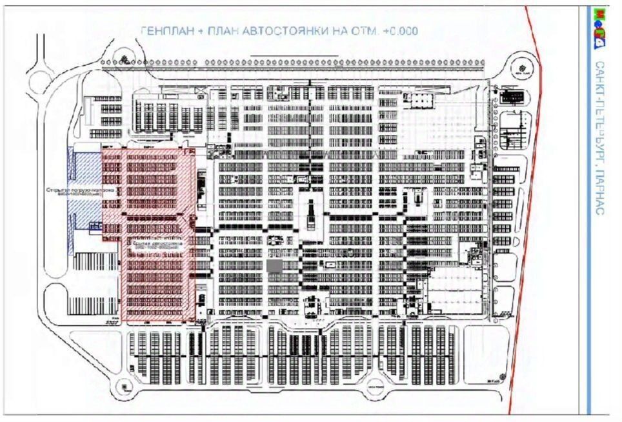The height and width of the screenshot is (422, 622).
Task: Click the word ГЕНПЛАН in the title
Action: pyautogui.click(x=165, y=30)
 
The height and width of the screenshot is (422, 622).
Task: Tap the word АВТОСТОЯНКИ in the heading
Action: pyautogui.click(x=279, y=30)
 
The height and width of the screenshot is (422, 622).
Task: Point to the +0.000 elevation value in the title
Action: pyautogui.click(x=400, y=30)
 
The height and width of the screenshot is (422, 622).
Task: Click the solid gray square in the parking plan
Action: pyautogui.click(x=274, y=266)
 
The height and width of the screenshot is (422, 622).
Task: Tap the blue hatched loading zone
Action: pyautogui.click(x=84, y=190)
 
